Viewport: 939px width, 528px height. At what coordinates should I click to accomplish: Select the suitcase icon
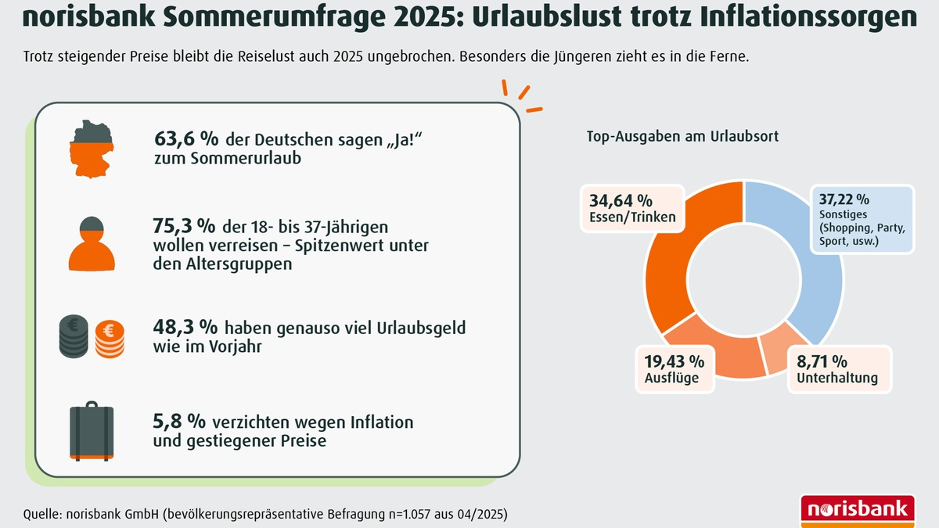tap(92, 430)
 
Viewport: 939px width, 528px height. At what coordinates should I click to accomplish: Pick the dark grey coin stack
tap(75, 337)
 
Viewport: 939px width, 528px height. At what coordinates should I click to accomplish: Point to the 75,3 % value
tap(184, 226)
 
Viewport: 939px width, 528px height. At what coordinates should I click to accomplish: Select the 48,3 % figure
tap(185, 328)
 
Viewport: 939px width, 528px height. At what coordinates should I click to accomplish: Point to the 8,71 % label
tap(822, 361)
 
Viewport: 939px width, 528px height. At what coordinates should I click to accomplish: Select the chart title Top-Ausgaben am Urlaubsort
tap(682, 136)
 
